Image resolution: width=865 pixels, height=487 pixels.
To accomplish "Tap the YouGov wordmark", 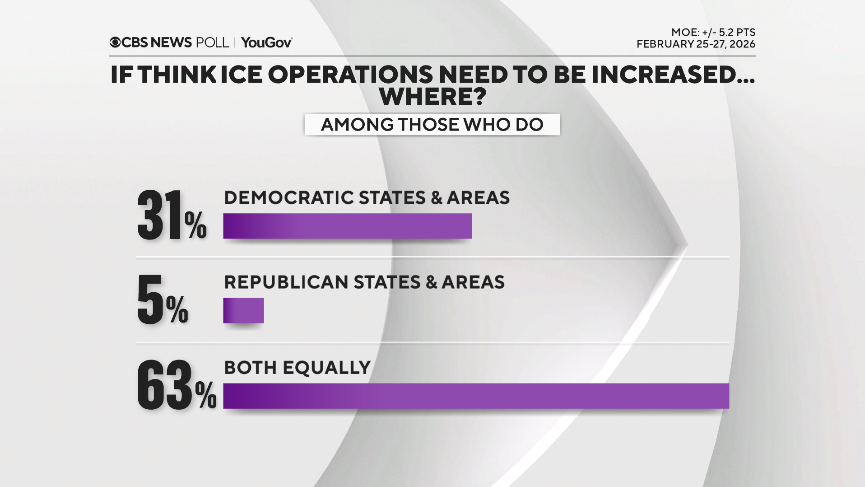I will (x=267, y=43).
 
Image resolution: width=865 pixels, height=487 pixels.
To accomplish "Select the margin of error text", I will (x=707, y=32).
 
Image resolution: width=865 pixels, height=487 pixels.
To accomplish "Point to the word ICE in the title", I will (x=236, y=76).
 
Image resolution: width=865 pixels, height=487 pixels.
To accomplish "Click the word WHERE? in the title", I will (x=432, y=98).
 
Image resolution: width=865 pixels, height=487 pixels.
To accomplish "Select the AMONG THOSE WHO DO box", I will (x=432, y=125).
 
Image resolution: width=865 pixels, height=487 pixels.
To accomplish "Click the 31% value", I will (x=171, y=216).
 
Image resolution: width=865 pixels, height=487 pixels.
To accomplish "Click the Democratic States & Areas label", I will (x=367, y=198).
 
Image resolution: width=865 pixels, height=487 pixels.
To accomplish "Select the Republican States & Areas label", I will (x=364, y=282).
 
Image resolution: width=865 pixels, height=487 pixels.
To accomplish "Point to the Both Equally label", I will (x=297, y=367).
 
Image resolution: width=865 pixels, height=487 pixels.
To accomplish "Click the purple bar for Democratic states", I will (x=347, y=226).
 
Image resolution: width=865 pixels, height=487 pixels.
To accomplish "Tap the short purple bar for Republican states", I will (x=243, y=310).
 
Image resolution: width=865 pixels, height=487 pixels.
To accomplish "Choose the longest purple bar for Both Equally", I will (x=477, y=396).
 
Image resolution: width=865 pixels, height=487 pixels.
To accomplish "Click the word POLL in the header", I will (x=213, y=43).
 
